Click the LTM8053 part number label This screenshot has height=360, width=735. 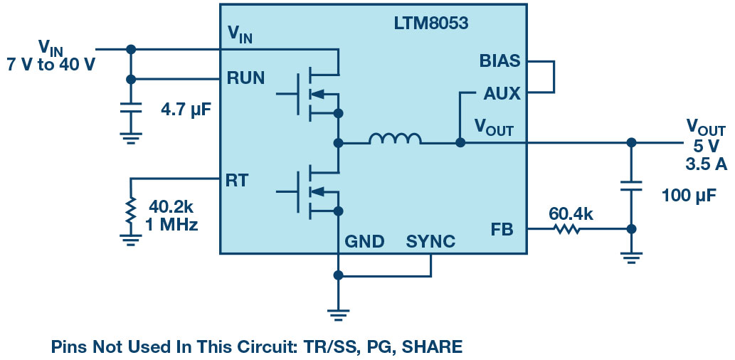[431, 23]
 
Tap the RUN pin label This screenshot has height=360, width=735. [245, 78]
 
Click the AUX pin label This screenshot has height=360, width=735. [502, 93]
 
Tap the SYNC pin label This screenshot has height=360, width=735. [430, 242]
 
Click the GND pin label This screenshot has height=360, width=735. [364, 242]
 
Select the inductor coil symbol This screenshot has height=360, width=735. [395, 139]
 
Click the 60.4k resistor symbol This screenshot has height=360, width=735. [567, 230]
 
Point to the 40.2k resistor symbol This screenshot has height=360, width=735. [130, 211]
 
